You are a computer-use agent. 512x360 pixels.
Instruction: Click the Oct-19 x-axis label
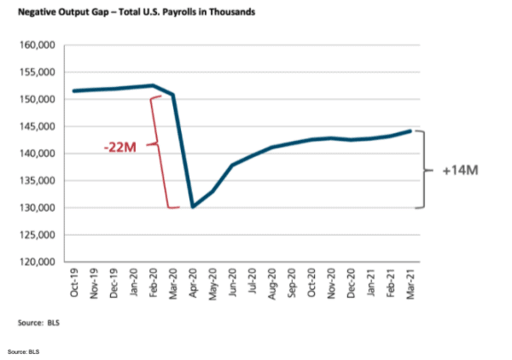76,282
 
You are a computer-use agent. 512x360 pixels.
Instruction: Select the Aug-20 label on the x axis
271,282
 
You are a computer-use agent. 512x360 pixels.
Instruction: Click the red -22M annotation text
121,147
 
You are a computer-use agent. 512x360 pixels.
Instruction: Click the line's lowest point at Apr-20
193,206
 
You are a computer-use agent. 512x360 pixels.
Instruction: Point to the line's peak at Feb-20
153,85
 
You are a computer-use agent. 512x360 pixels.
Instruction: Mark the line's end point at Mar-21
410,131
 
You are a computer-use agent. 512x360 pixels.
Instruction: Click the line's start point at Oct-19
75,90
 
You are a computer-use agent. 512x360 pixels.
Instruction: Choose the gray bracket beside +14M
422,170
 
